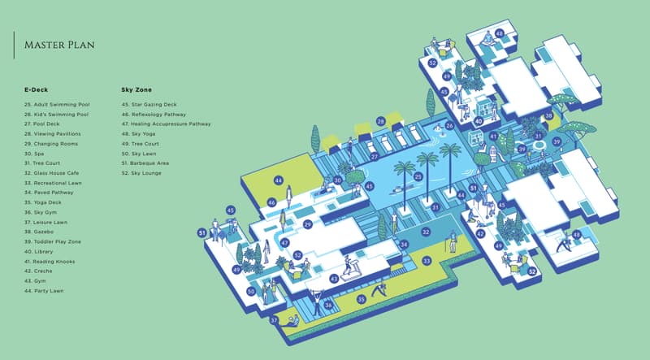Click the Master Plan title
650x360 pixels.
coord(59,45)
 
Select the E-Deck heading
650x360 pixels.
coord(36,89)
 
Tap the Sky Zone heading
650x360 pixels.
coord(136,89)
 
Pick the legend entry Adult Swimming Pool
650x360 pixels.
coord(57,105)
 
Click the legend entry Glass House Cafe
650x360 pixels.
coord(51,173)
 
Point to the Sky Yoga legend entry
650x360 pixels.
coord(138,134)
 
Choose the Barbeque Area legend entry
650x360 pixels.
coord(145,163)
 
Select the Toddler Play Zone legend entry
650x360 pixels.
coord(53,242)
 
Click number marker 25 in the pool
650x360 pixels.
coord(418,176)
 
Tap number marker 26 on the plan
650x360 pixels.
coord(450,125)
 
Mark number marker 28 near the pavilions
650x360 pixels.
coord(381,122)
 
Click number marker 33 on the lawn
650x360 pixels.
coord(427,261)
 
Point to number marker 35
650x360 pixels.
coord(362,299)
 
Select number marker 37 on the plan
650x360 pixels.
coord(274,320)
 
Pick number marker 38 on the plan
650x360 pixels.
coord(549,115)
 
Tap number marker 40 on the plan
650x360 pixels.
coord(479,121)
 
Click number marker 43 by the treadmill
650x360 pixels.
coord(334,279)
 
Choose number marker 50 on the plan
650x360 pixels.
coord(251,292)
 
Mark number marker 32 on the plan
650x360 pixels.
coord(426,232)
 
